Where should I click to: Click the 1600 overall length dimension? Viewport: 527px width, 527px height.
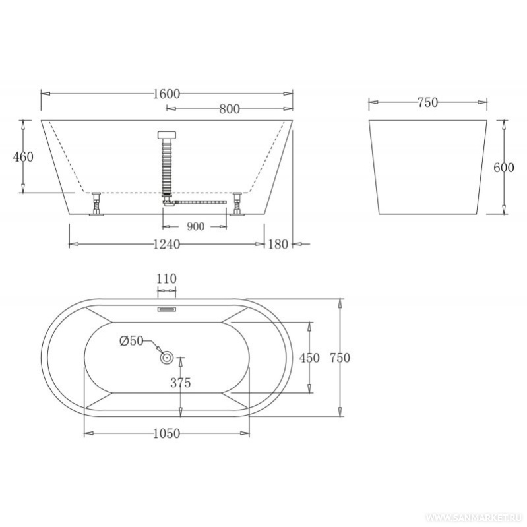[167, 94]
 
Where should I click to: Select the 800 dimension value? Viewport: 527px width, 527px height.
[230, 109]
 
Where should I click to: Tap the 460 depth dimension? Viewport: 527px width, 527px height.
[23, 156]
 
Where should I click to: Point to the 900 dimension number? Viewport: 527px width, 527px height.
[195, 226]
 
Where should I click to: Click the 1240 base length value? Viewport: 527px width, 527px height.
[167, 244]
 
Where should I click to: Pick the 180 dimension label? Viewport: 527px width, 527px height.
[278, 244]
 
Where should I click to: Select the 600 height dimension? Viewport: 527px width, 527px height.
[504, 168]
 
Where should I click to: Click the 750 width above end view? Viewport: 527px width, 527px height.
[428, 102]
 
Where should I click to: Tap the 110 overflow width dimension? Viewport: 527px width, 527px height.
[166, 278]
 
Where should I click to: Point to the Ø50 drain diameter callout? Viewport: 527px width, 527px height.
[131, 341]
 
